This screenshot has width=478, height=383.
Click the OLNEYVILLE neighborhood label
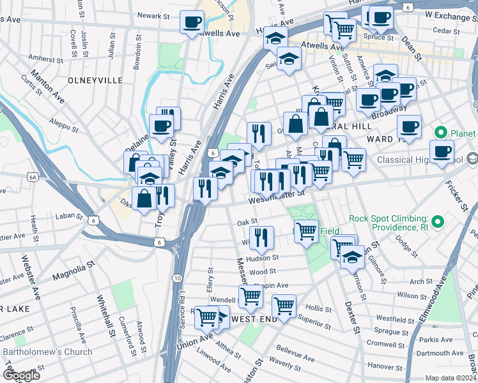[95, 80]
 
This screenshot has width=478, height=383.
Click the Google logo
[20, 375]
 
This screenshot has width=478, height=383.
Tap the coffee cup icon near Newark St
[192, 23]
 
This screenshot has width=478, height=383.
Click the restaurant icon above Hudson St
[261, 237]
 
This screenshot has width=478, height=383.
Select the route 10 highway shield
[177, 279]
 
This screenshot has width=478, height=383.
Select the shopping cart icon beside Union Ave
[206, 317]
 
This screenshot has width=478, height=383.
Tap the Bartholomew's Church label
[48, 352]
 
